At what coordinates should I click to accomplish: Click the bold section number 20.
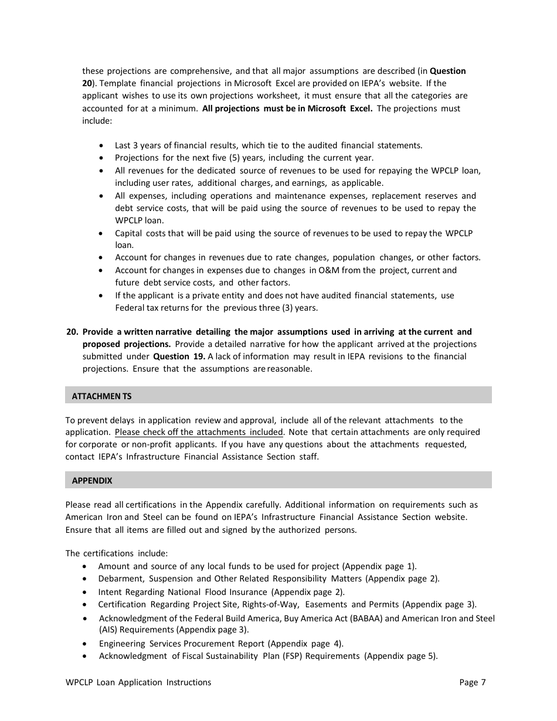(72, 332)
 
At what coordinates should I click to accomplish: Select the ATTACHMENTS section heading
(101, 396)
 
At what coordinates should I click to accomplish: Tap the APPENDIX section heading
(91, 481)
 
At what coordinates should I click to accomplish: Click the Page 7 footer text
(473, 682)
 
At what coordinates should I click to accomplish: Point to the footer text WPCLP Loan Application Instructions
(138, 682)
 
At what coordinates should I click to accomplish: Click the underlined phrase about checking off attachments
(199, 433)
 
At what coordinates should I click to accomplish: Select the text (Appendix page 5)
(401, 656)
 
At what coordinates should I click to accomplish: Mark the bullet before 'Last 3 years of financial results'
(103, 145)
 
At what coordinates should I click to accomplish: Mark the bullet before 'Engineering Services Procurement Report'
(86, 644)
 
